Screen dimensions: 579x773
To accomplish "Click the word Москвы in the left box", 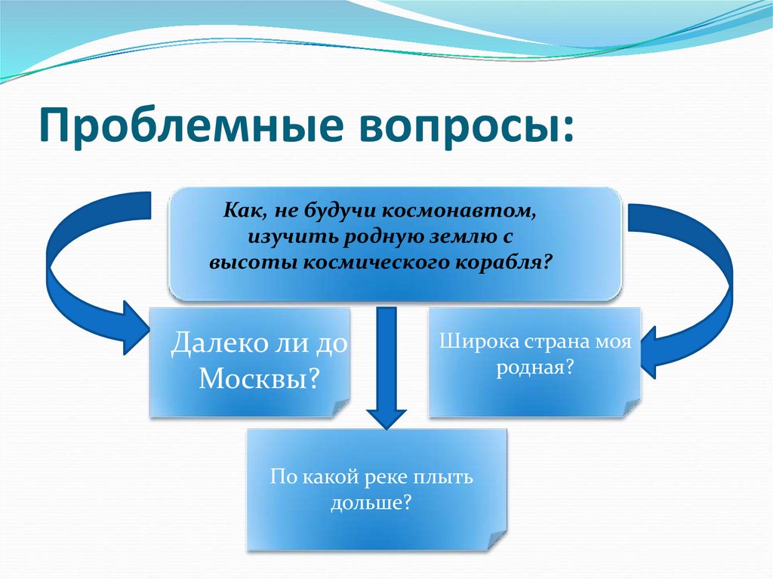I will point(253,377).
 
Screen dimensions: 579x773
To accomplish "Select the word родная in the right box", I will point(531,368).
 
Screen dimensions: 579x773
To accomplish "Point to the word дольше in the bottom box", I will point(365,502).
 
